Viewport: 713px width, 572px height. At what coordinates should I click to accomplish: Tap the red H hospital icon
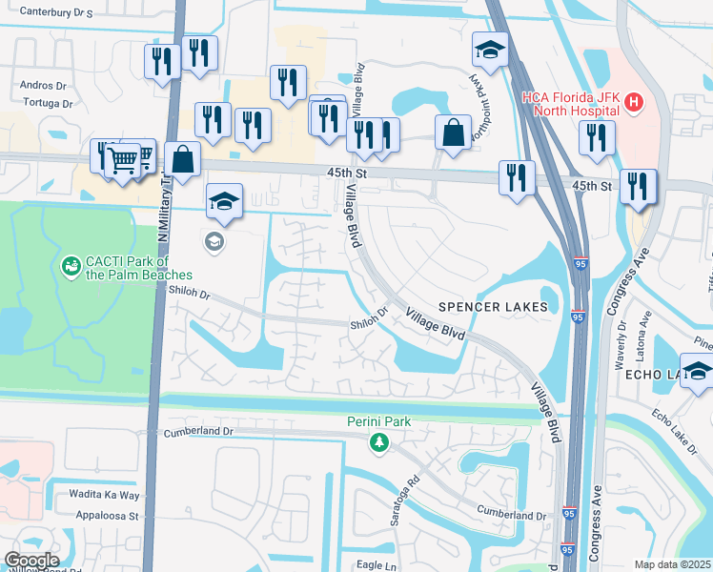point(633,99)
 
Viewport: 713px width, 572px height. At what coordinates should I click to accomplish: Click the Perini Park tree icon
point(379,441)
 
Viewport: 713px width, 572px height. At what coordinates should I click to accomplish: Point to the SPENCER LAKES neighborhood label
point(493,307)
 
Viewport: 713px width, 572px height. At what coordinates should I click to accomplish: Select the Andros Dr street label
point(42,85)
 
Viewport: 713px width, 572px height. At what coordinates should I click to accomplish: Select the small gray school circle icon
point(214,242)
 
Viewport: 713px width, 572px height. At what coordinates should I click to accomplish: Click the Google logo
point(31,561)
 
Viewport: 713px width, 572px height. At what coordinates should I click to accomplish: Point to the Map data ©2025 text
point(672,564)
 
